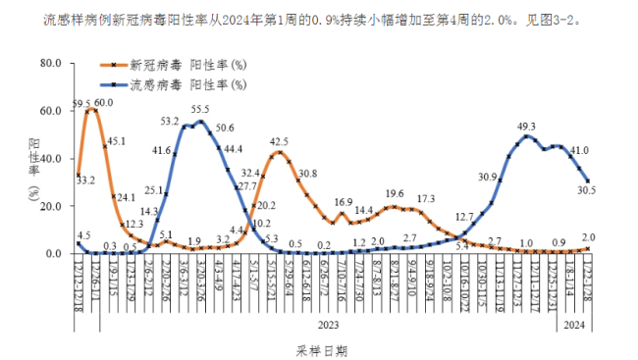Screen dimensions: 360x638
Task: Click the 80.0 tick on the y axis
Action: click(x=50, y=64)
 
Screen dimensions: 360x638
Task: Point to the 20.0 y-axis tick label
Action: click(x=50, y=206)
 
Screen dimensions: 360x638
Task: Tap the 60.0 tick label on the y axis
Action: click(x=50, y=111)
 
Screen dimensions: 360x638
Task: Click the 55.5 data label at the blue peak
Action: click(x=200, y=109)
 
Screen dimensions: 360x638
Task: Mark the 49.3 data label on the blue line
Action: click(x=526, y=126)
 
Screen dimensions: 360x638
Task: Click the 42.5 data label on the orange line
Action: click(x=279, y=141)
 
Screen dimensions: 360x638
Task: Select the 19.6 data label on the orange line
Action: click(x=395, y=194)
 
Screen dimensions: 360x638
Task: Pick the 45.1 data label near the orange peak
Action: click(x=116, y=141)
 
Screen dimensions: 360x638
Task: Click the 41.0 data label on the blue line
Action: click(x=579, y=150)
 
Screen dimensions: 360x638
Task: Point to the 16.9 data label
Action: click(x=343, y=202)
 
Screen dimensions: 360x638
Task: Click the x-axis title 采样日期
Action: click(x=321, y=348)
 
